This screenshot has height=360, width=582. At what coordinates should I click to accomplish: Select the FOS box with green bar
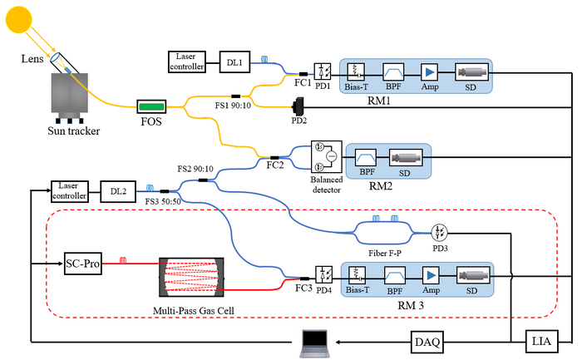[x=151, y=106]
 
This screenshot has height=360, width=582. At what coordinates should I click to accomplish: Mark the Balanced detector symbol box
[x=325, y=155]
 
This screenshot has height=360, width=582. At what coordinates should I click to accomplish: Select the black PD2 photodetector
[x=298, y=106]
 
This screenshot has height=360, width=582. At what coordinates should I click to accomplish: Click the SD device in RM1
[x=471, y=73]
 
